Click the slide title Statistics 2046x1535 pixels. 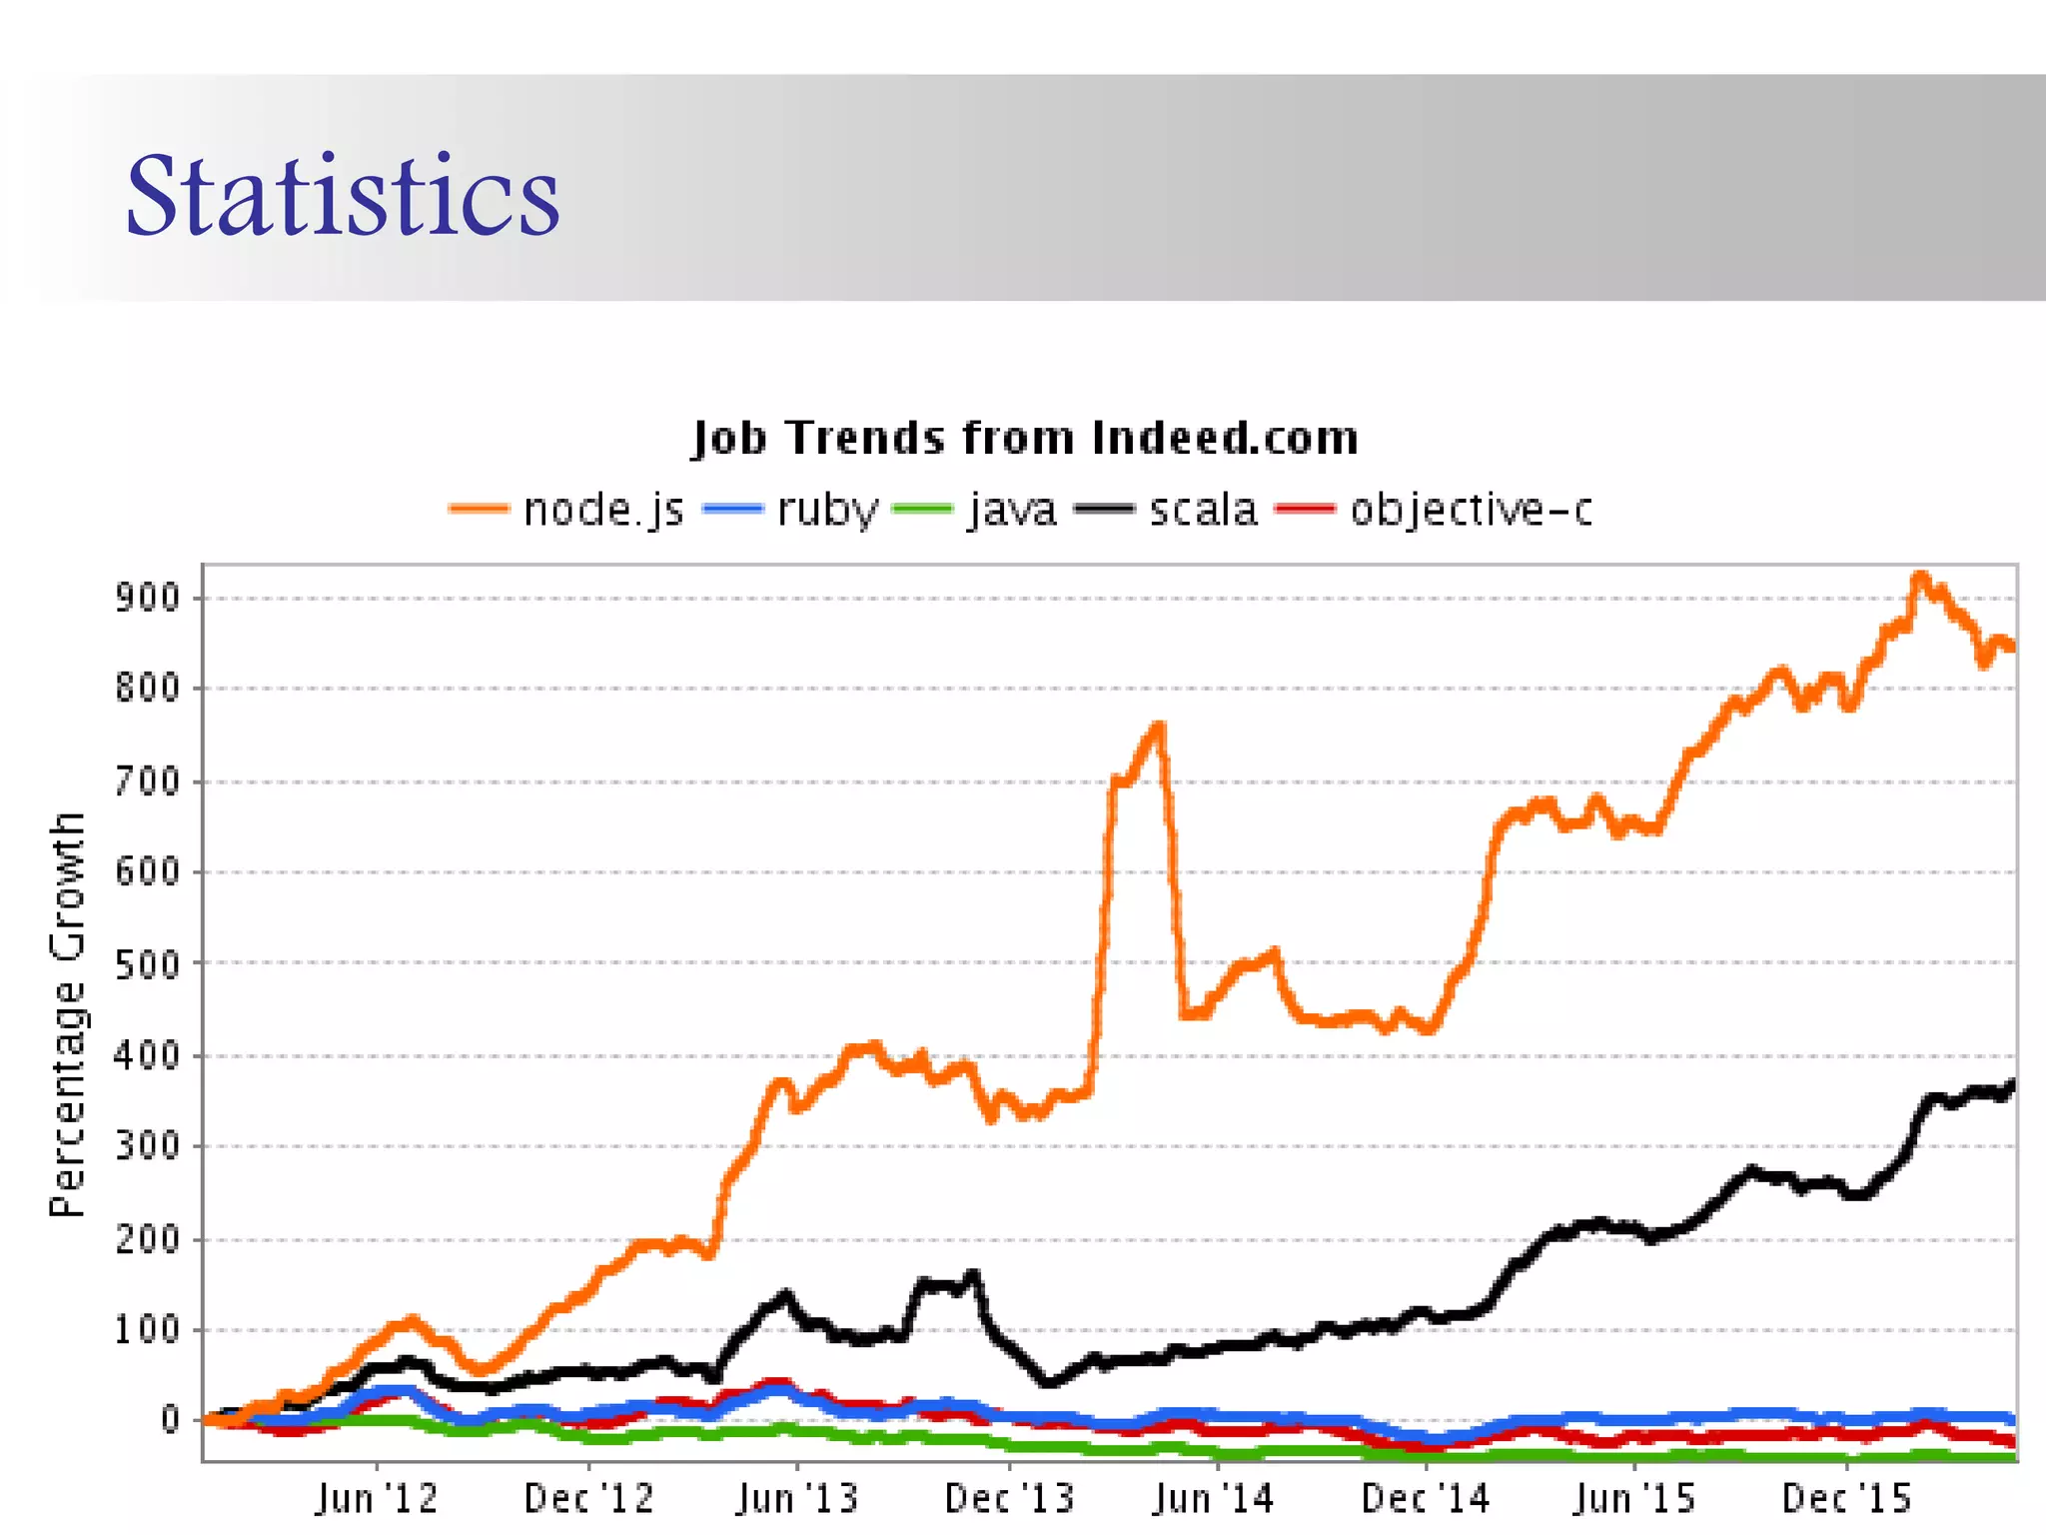click(342, 196)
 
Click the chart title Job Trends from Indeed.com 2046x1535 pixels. click(1025, 439)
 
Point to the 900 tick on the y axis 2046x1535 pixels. click(147, 599)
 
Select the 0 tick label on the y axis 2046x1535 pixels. click(171, 1421)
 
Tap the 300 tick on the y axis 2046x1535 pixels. click(147, 1147)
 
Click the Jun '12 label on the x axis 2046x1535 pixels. click(377, 1499)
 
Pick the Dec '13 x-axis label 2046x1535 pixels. click(1009, 1499)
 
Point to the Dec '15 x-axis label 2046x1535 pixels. click(1846, 1499)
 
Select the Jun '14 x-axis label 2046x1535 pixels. click(1214, 1499)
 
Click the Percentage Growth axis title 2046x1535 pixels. click(68, 1013)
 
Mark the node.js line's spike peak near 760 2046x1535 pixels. click(1159, 726)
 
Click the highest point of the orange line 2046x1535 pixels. click(1919, 577)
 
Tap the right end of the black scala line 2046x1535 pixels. click(2011, 1083)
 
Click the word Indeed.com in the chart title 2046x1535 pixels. click(1225, 439)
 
